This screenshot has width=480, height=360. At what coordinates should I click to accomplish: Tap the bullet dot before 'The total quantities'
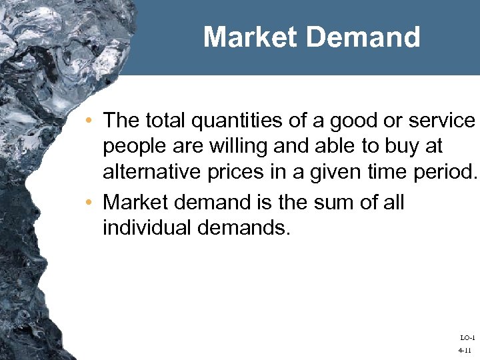[89, 121]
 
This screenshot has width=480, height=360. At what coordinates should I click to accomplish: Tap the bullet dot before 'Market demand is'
[89, 202]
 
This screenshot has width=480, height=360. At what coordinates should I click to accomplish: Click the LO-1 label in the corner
[467, 338]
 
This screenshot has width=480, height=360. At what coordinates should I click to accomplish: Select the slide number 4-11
[465, 350]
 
